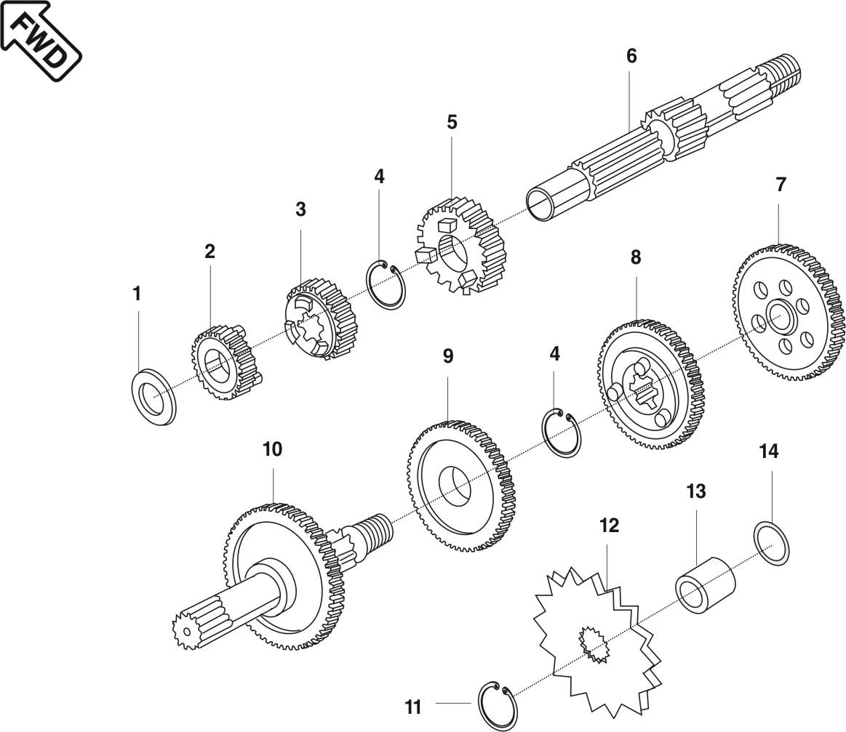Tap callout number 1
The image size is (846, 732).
pos(137,294)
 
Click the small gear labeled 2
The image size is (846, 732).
pos(226,363)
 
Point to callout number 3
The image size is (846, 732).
pos(300,209)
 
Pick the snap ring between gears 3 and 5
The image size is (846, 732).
pos(386,285)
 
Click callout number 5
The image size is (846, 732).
pos(452,122)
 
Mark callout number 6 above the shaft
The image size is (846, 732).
pos(631,56)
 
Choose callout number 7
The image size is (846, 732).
pos(781,185)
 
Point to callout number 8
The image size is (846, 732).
pos(636,257)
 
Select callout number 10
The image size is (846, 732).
pos(272,449)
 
